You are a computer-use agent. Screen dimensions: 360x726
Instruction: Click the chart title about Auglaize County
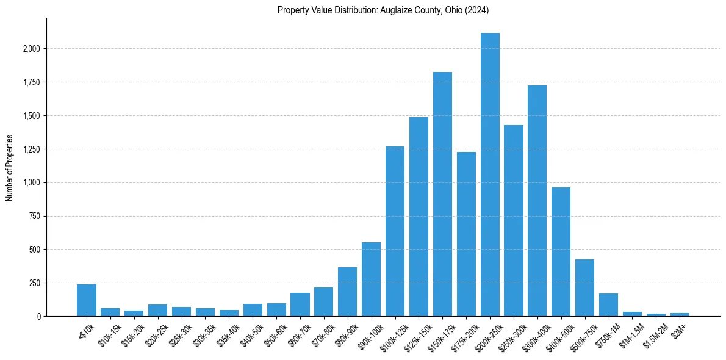click(383, 10)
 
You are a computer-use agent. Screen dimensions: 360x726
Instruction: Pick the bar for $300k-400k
click(537, 201)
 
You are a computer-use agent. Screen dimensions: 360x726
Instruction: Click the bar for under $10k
click(87, 300)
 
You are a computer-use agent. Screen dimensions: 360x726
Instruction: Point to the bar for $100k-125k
click(395, 231)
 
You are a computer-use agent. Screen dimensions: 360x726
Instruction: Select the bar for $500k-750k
click(584, 287)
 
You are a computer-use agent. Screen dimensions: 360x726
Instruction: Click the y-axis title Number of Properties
click(10, 167)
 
